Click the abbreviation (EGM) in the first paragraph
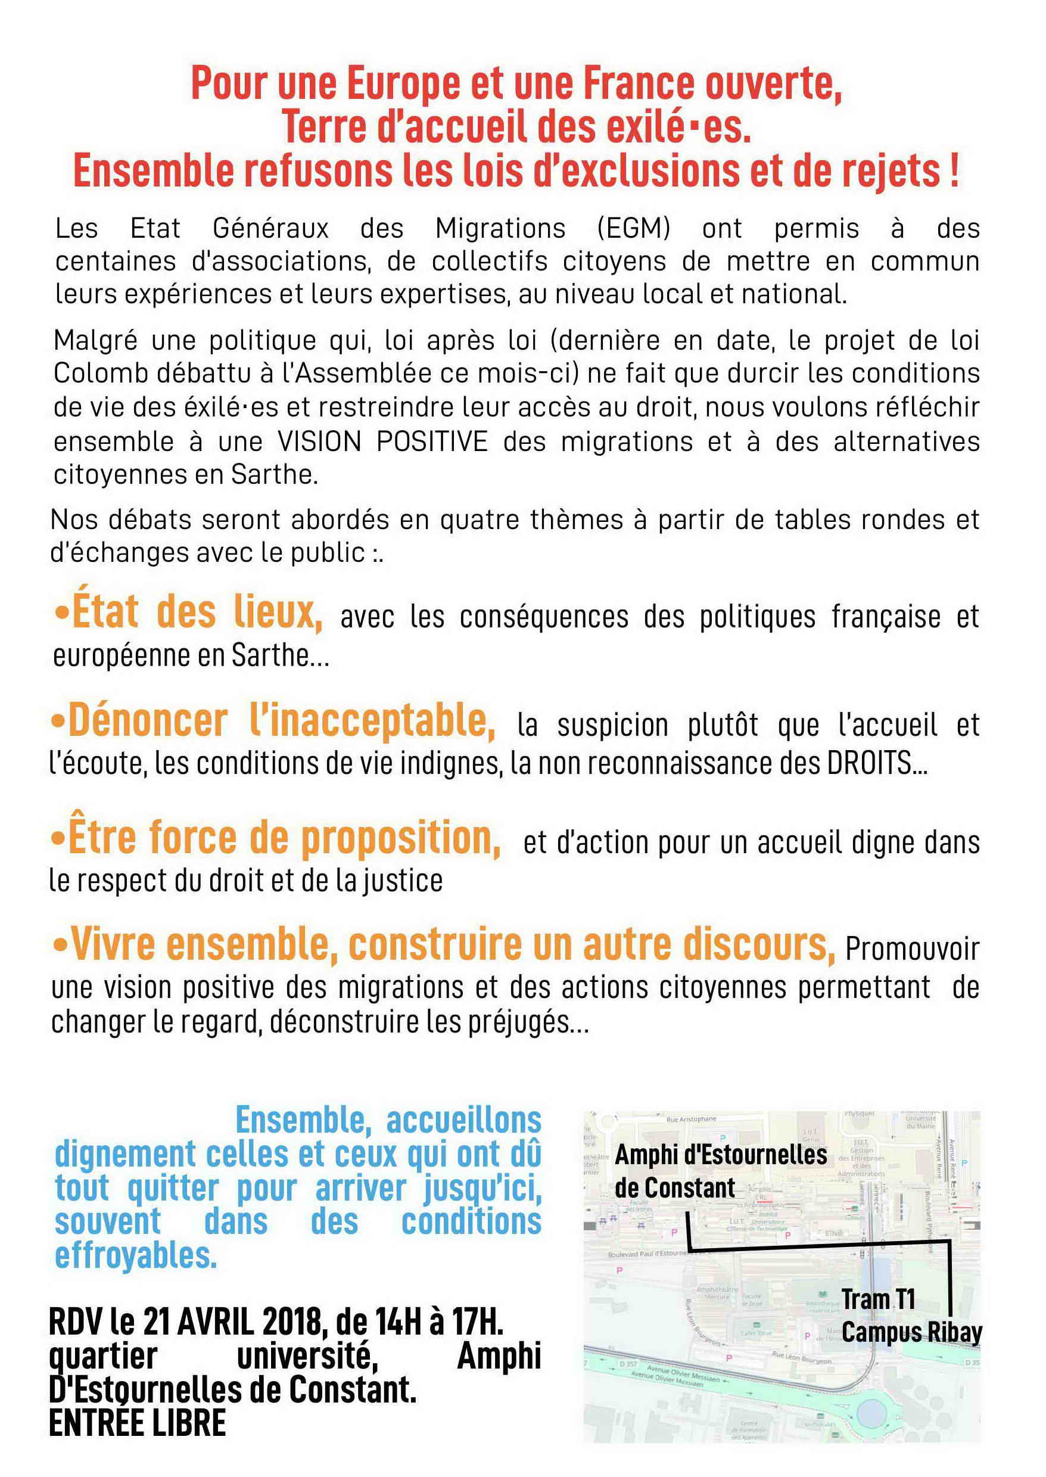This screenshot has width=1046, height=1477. click(x=633, y=228)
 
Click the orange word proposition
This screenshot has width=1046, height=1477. click(x=399, y=839)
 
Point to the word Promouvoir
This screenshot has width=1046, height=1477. click(x=912, y=949)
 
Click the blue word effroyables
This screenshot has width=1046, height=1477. click(x=135, y=1255)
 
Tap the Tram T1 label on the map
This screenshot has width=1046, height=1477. click(x=878, y=1299)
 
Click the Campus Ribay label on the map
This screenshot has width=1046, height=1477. click(x=911, y=1332)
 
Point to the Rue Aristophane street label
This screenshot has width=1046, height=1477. click(x=690, y=1120)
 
